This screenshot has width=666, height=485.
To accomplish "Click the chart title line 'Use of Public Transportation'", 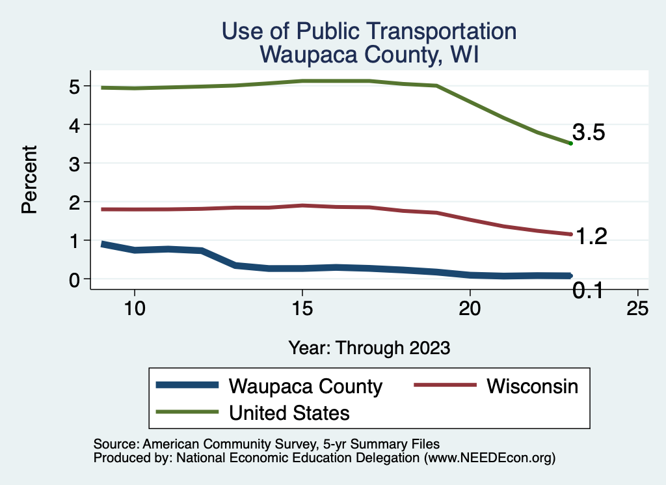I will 369,31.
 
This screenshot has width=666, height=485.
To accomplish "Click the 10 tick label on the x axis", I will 134,309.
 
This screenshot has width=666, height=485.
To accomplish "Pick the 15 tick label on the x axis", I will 302,309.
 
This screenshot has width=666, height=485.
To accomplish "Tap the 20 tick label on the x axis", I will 470,309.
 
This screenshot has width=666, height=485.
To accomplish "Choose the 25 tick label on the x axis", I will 637,309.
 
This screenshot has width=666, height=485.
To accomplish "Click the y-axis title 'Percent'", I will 29,183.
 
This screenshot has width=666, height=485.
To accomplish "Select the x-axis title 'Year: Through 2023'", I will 369,348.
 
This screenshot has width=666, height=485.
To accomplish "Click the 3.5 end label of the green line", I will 589,133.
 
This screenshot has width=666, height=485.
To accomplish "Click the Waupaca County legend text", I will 305,386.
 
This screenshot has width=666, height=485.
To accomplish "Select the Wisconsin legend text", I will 532,386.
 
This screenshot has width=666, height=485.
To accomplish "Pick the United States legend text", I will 289,412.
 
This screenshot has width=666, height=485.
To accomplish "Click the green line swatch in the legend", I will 187,412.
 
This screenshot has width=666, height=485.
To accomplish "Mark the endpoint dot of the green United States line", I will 570,143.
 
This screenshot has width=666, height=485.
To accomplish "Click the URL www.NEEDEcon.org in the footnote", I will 488,458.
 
